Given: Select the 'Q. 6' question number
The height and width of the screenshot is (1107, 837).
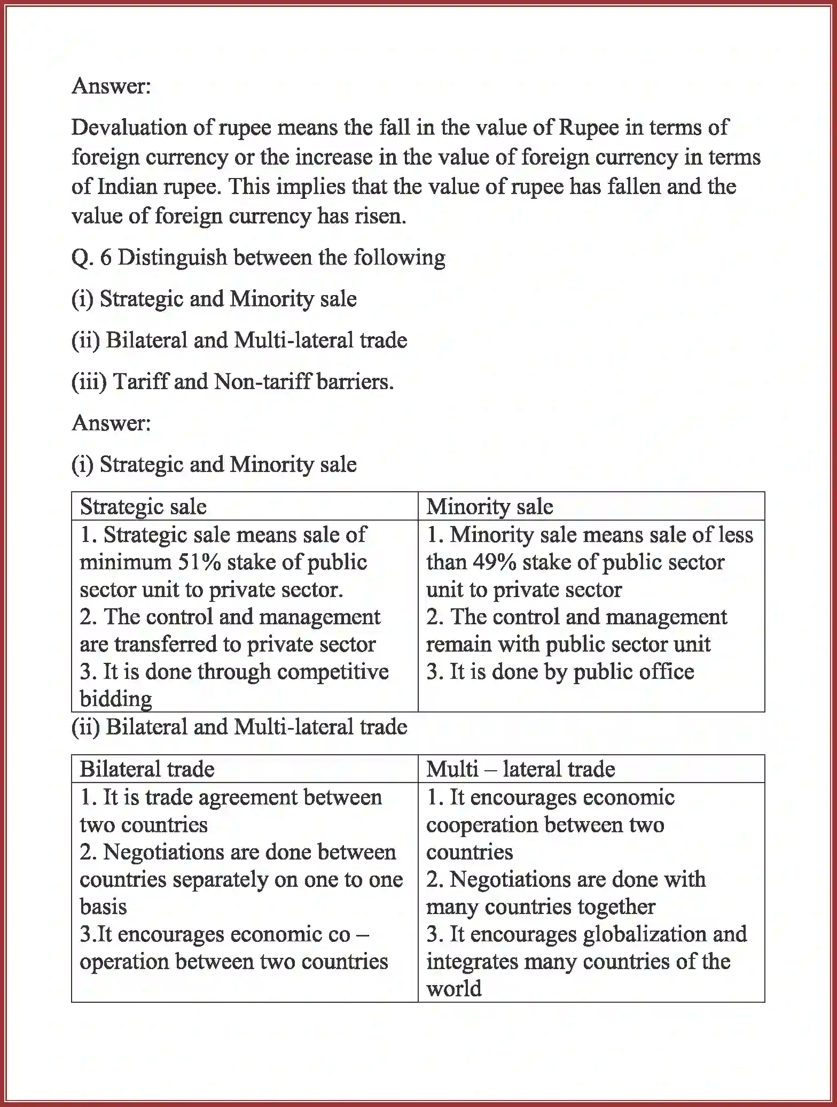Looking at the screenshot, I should pyautogui.click(x=91, y=258).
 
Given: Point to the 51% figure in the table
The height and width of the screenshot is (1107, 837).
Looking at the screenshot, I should pyautogui.click(x=196, y=562).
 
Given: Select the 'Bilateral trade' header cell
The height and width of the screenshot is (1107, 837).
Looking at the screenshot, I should pyautogui.click(x=147, y=769).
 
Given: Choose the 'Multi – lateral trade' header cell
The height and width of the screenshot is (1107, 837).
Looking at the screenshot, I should pyautogui.click(x=520, y=769).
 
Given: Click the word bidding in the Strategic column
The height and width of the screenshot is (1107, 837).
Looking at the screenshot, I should pyautogui.click(x=116, y=699).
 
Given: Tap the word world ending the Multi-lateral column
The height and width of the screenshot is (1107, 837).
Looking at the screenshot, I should pyautogui.click(x=453, y=989).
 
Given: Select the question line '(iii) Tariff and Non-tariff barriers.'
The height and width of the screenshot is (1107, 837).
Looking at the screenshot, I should pyautogui.click(x=232, y=382).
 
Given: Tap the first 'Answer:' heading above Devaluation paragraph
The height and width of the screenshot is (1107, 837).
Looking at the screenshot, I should pyautogui.click(x=111, y=86).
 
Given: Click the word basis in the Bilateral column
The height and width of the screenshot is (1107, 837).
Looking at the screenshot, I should pyautogui.click(x=103, y=907).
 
